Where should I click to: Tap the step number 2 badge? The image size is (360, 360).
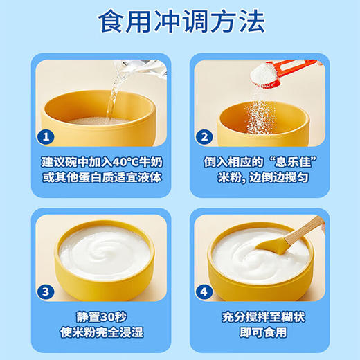point(204,136)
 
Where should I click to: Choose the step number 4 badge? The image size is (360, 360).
point(206,291)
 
